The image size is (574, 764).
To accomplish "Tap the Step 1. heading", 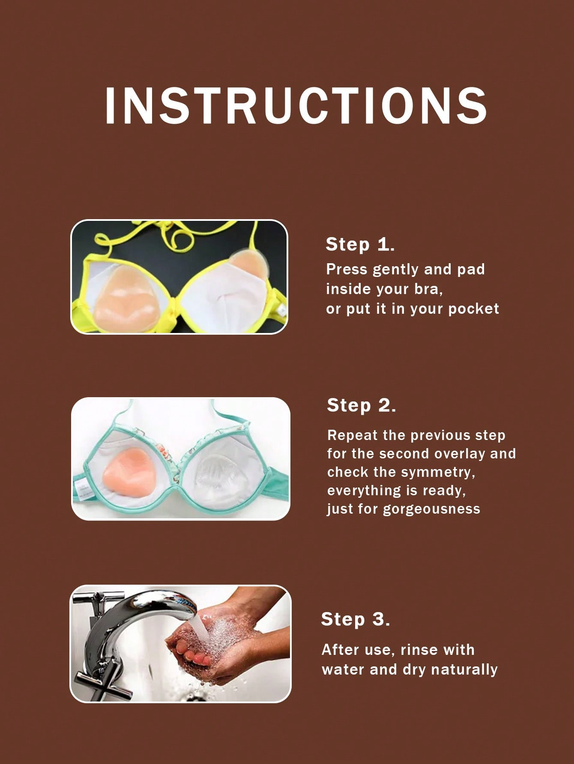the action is pos(360,244).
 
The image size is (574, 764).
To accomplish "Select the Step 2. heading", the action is pos(361,405).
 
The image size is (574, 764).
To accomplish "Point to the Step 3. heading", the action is pos(356,619).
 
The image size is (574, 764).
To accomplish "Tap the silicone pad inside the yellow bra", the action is pos(124,300).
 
